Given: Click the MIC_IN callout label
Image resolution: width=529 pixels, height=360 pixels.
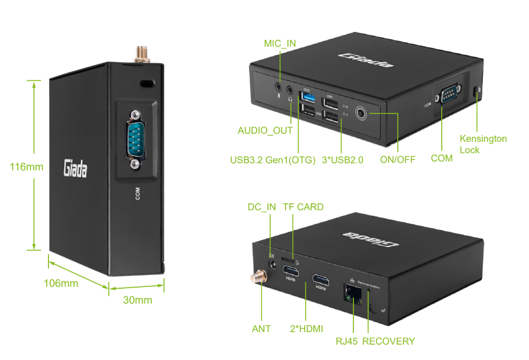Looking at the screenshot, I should (x=280, y=44).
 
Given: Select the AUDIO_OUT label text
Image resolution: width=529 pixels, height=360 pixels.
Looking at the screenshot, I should (x=265, y=130).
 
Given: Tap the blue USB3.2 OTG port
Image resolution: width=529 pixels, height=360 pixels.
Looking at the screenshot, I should (x=307, y=100).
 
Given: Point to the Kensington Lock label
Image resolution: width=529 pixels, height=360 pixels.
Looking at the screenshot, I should (x=483, y=144).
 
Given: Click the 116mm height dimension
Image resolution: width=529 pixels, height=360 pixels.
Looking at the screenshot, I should (x=26, y=167).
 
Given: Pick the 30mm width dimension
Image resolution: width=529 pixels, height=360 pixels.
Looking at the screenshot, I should (x=137, y=300).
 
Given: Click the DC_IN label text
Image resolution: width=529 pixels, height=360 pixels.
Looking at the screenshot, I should (x=262, y=207).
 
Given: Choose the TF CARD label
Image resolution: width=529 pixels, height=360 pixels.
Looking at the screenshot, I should (x=303, y=207).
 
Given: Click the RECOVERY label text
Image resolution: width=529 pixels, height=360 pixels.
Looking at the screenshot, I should (x=389, y=341).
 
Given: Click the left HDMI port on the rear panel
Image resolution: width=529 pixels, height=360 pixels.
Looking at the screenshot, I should (x=291, y=269).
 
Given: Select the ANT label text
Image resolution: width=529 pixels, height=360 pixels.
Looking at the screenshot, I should (x=261, y=329).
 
